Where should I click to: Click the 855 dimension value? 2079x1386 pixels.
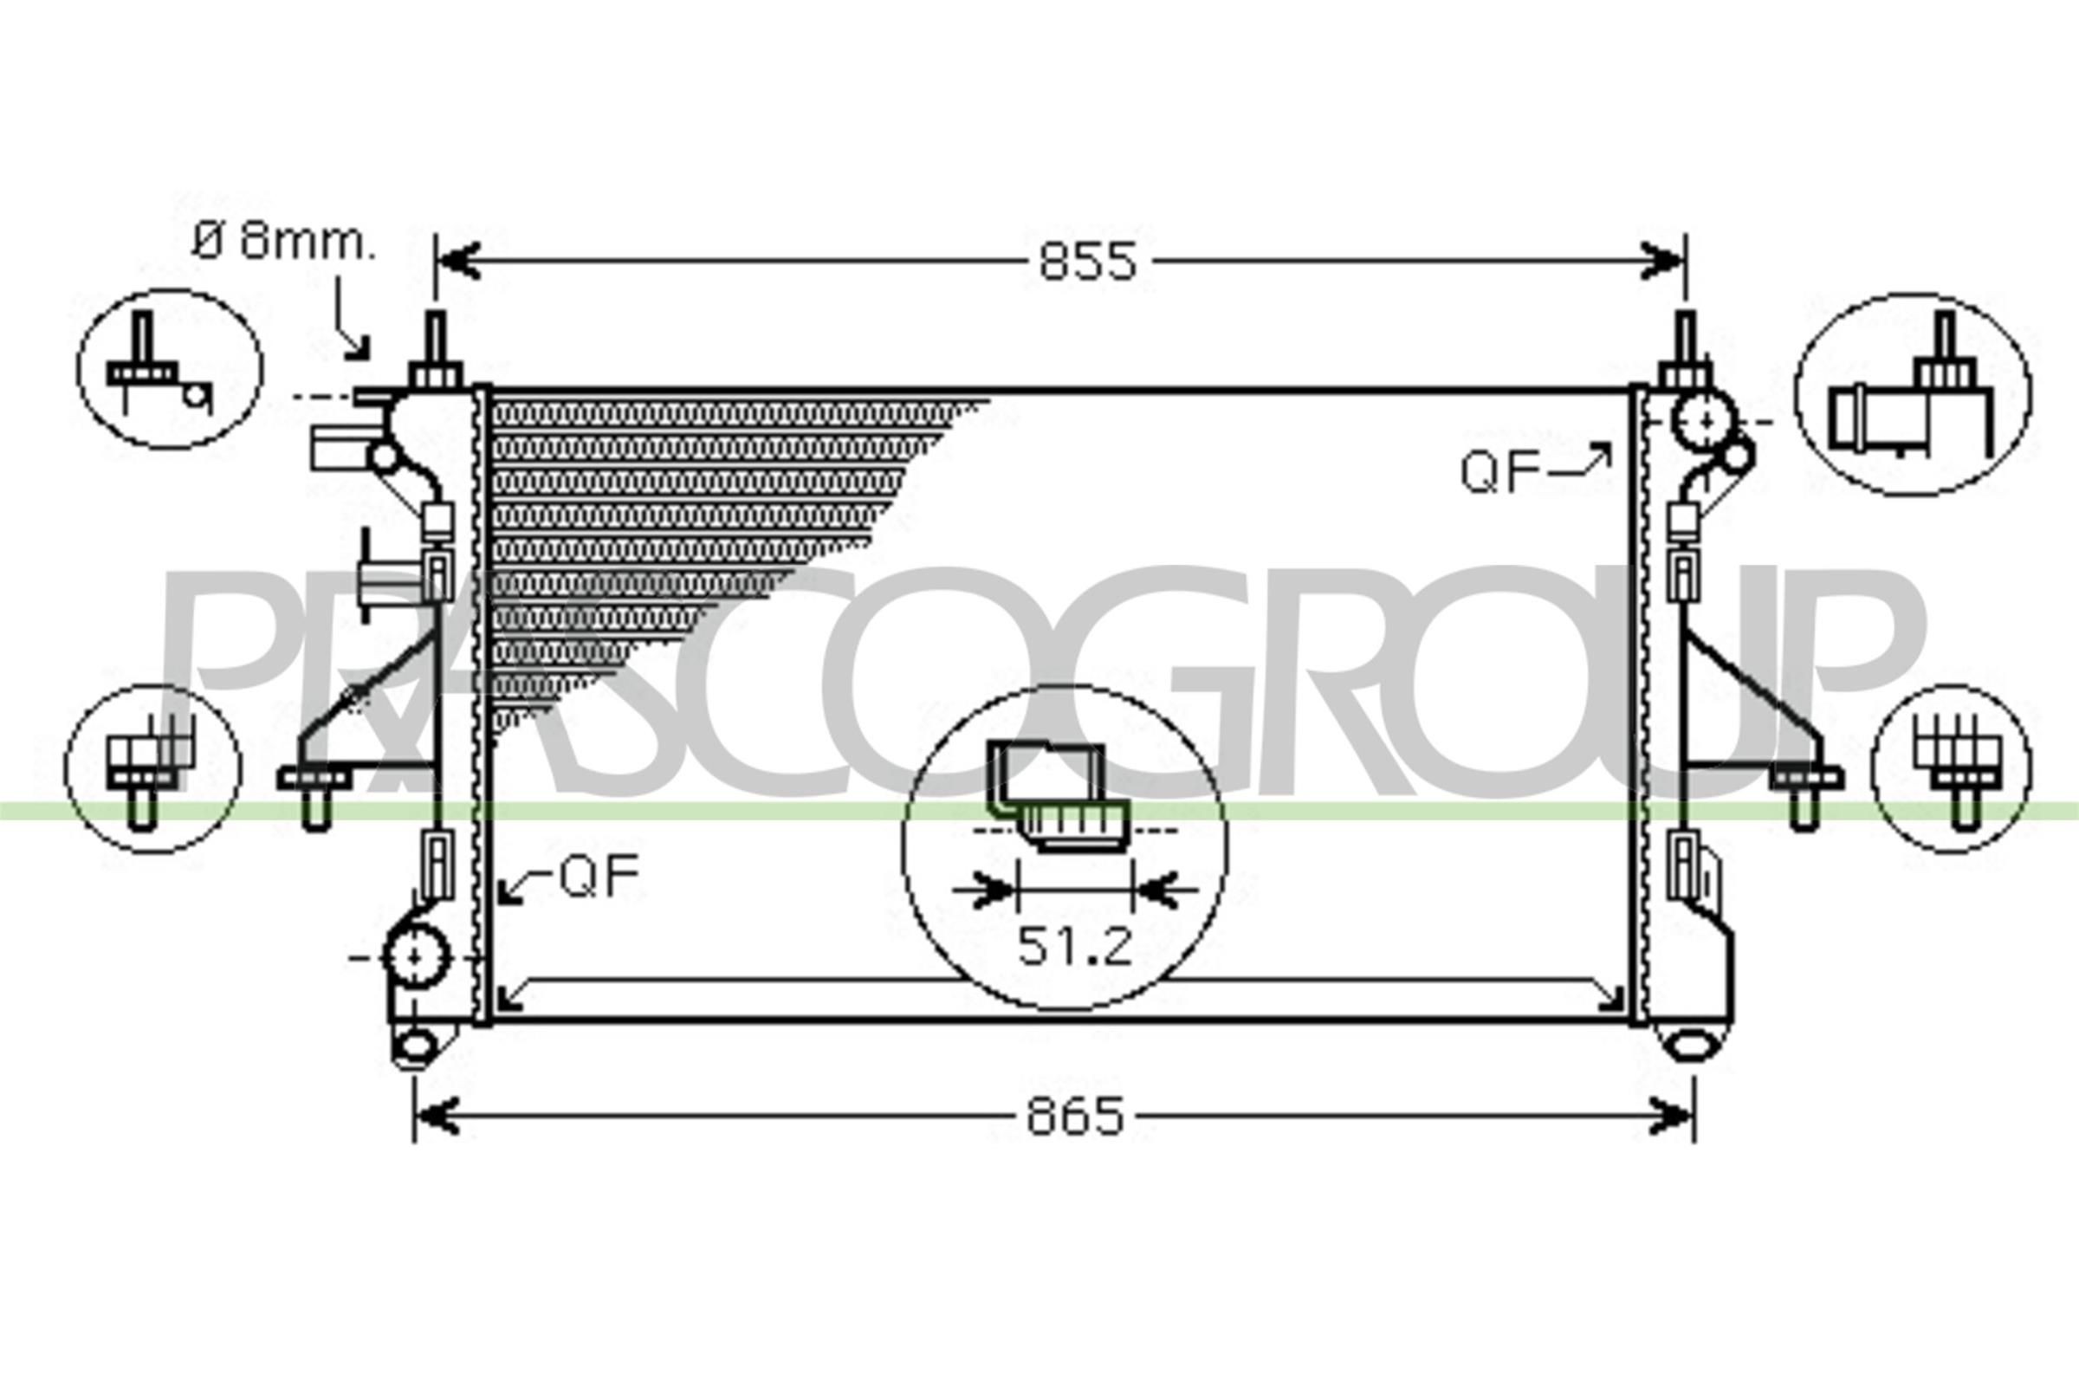[1086, 262]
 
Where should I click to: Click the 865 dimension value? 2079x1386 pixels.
[1075, 1117]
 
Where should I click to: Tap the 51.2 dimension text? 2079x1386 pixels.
[1074, 947]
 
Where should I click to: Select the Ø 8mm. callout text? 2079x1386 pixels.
[284, 242]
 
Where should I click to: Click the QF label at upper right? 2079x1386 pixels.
[1499, 472]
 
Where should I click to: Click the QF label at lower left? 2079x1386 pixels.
[599, 877]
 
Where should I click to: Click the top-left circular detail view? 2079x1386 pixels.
[170, 369]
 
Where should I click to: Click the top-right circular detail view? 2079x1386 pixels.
[1912, 394]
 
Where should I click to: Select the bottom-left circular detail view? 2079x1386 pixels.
[153, 768]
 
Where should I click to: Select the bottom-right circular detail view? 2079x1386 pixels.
[1951, 768]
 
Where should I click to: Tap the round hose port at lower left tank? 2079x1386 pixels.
[416, 956]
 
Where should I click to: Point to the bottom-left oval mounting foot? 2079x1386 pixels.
[415, 1046]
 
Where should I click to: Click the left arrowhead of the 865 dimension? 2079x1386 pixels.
[437, 1117]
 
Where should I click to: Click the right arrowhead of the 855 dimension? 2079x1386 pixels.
[1663, 262]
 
